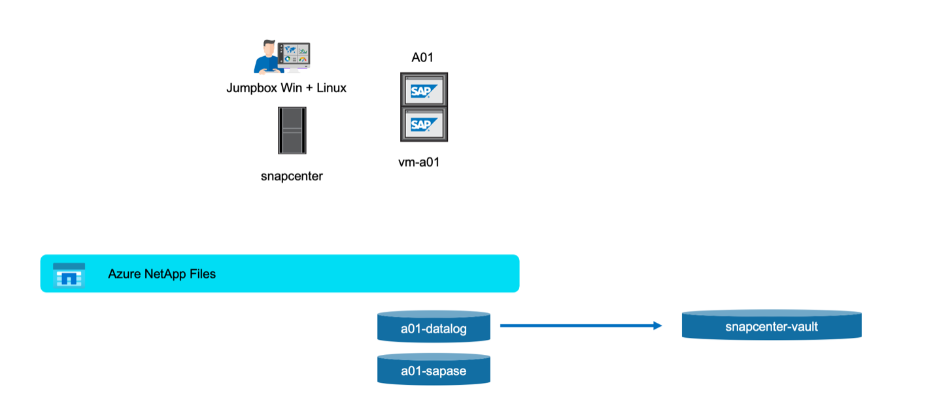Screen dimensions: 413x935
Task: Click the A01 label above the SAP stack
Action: [x=422, y=58]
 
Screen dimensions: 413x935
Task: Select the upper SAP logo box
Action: [x=424, y=90]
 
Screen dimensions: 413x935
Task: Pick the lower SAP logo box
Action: [x=424, y=124]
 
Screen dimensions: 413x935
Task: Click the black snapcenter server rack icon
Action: [x=292, y=131]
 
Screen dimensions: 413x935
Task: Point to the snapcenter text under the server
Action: [x=292, y=176]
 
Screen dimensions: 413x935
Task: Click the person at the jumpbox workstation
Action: [x=265, y=58]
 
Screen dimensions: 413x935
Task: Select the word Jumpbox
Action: [x=251, y=88]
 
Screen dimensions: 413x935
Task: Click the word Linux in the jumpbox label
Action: [x=331, y=88]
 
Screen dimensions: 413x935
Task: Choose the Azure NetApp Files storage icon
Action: [x=69, y=274]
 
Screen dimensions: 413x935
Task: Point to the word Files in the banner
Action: [x=202, y=274]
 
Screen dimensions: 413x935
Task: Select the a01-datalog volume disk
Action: [x=433, y=326]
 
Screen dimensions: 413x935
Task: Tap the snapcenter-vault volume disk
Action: [x=772, y=325]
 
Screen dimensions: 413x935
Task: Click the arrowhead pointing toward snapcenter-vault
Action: [x=658, y=325]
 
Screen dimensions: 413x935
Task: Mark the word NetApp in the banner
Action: [x=163, y=274]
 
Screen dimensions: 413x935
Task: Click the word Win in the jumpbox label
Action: [x=292, y=88]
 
